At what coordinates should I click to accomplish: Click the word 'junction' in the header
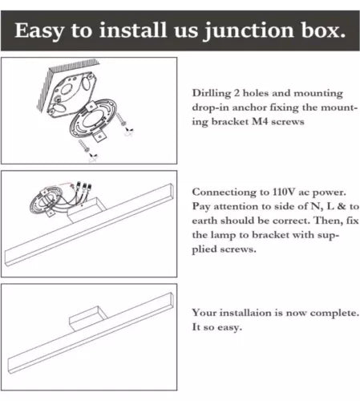pyautogui.click(x=249, y=31)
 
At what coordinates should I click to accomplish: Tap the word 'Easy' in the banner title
pyautogui.click(x=39, y=31)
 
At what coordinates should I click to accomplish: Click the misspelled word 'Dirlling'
pyautogui.click(x=212, y=94)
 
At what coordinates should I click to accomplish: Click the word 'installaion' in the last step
pyautogui.click(x=245, y=313)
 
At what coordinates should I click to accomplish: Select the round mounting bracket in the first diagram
pyautogui.click(x=93, y=119)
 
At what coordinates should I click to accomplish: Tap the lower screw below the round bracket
pyautogui.click(x=83, y=146)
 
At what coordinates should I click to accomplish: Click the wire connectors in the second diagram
pyautogui.click(x=83, y=187)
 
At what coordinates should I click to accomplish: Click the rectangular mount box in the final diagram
pyautogui.click(x=88, y=318)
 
